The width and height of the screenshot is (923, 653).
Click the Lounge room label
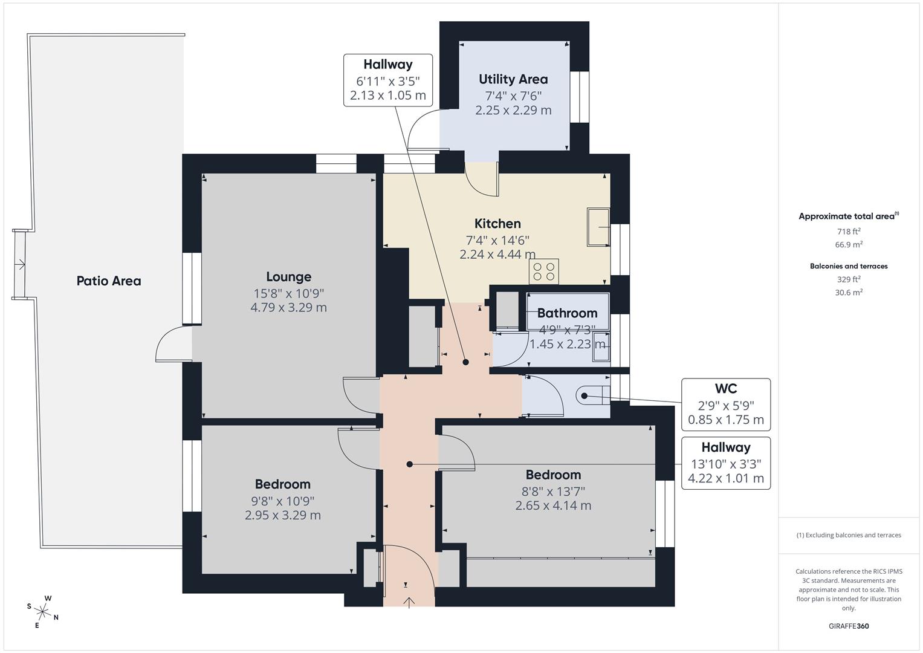pos(288,277)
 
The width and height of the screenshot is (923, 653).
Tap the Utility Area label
pos(513,79)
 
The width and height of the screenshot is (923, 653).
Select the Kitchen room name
pos(497,224)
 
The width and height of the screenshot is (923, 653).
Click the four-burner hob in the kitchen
pos(543,271)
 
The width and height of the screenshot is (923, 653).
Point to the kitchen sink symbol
pos(598,227)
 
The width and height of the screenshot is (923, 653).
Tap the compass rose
pos(43,611)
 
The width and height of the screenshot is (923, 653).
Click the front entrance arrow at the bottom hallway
pos(409,602)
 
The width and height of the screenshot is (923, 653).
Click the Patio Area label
pos(109,281)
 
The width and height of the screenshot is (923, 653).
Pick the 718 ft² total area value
pos(849,232)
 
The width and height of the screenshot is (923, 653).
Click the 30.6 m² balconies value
pos(849,292)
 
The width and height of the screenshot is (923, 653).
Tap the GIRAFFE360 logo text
pos(849,626)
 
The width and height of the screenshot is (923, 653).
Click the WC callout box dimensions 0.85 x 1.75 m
pos(726,420)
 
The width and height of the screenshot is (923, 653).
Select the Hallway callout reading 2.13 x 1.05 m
pos(387,96)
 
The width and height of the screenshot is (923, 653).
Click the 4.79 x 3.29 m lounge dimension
pos(288,307)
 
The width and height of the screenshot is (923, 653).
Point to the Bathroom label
pos(567,313)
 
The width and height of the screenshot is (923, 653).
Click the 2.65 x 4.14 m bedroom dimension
pos(553,505)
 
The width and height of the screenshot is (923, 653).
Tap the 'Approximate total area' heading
pos(846,216)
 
